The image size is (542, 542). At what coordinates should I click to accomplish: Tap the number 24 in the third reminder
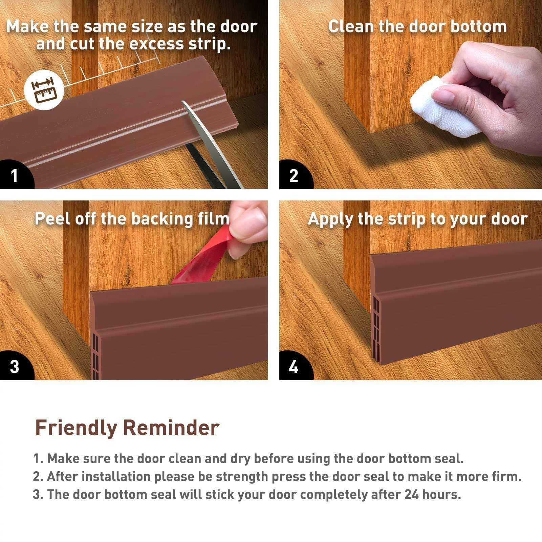pos(412,495)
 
